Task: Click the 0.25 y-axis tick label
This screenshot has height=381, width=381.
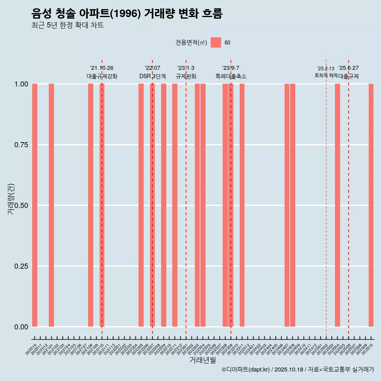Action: click(x=20, y=266)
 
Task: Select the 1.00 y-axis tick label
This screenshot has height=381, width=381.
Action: click(x=20, y=84)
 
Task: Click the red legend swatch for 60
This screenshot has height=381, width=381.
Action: click(x=216, y=42)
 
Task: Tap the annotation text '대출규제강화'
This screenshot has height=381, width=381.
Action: click(x=102, y=76)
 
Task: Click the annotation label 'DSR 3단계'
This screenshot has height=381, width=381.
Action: click(x=152, y=76)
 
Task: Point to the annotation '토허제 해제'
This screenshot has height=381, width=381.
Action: click(x=326, y=75)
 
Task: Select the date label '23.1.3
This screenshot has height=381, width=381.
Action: click(x=186, y=68)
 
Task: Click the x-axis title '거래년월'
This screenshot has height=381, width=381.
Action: click(x=203, y=360)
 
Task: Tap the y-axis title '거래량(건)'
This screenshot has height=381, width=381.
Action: click(x=11, y=199)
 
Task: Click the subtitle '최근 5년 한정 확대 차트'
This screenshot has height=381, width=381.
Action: click(x=67, y=25)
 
